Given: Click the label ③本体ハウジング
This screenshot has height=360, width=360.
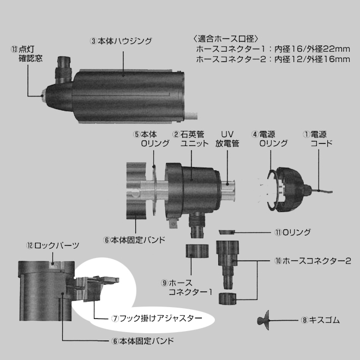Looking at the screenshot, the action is pos(121,41).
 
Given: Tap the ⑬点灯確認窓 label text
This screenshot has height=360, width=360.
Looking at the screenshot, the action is pos(27,54).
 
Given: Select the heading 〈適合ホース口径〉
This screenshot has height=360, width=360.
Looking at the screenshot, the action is pos(226,39).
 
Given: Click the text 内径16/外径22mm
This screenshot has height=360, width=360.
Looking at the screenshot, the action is pos(312,49).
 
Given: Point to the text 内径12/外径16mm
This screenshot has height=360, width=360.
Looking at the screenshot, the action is pos(312,59).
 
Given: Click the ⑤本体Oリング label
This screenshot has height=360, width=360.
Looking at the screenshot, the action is pos(151,139).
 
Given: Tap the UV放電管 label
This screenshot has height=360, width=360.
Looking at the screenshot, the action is pos(227,139).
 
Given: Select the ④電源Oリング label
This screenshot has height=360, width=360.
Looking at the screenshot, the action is pos(269,139).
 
